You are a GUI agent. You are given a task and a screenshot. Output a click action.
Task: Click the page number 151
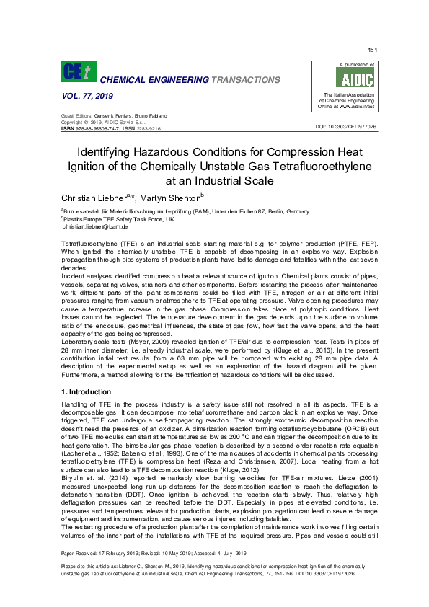[x=372, y=50]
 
